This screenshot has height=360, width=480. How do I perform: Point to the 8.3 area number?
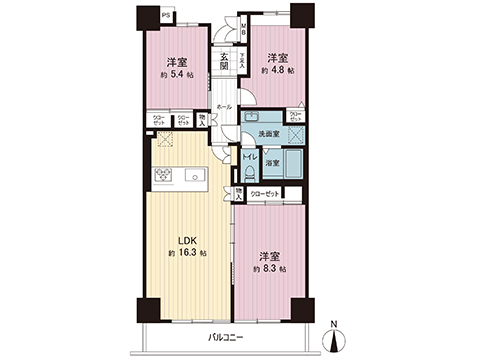[272, 269]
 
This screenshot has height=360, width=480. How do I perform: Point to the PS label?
[165, 15]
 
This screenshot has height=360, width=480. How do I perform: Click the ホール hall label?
[224, 107]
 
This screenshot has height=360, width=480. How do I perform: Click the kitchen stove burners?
[161, 177]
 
